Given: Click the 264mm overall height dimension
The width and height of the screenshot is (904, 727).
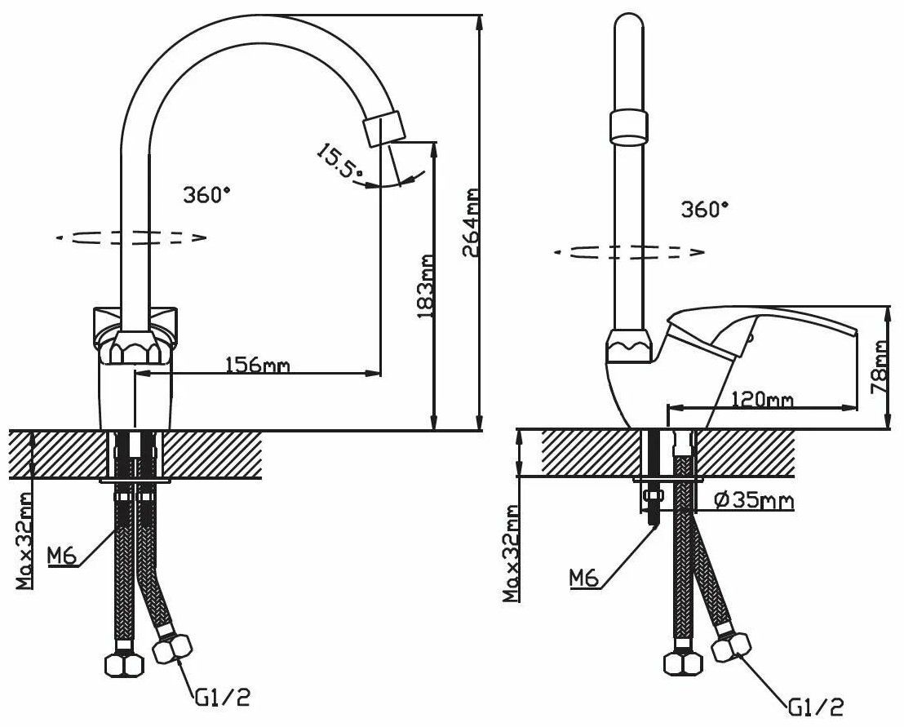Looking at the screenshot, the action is coord(471,222).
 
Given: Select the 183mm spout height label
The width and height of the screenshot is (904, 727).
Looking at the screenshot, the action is coord(424,286).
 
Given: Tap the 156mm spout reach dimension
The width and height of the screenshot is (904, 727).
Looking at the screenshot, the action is coord(257,365).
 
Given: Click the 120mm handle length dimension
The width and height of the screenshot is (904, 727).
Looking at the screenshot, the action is coord(762,398).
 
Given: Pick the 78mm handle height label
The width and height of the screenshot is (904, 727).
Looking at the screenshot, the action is coord(880,367).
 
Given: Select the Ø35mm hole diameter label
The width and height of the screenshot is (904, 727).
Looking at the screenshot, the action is coord(754,500).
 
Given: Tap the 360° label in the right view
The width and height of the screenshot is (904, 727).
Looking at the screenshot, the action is coord(705,209).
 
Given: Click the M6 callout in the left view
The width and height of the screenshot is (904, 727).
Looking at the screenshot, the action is coord(62,556).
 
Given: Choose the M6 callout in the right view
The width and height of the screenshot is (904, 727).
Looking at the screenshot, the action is coord(585,578).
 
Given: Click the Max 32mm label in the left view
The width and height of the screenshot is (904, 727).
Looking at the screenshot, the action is coord(24,541).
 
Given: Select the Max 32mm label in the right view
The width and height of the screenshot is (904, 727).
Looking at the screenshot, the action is coord(512,553).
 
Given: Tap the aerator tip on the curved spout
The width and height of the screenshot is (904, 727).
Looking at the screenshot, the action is coord(383,128).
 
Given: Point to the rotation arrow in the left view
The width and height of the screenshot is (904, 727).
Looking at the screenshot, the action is coord(131,237).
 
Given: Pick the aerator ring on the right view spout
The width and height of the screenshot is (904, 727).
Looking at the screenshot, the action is coord(628,126).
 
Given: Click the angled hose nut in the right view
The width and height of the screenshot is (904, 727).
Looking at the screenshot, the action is coord(732,647).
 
